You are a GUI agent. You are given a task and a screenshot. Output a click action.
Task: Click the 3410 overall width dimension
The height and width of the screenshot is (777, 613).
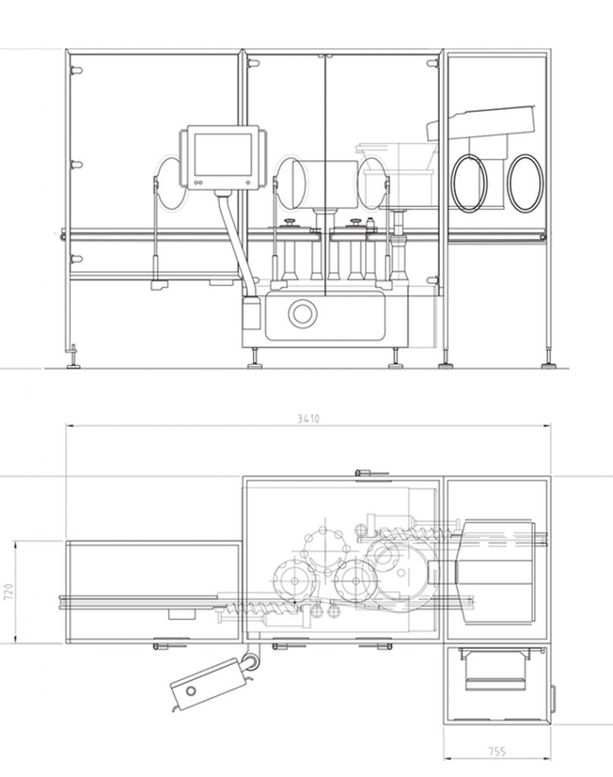click(307, 418)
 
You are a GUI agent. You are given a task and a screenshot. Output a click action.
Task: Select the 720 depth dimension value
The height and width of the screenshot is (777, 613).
click(8, 592)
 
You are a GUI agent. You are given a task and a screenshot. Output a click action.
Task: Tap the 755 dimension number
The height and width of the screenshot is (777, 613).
click(497, 752)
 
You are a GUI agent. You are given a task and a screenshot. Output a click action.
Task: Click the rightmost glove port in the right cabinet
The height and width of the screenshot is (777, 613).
click(524, 183)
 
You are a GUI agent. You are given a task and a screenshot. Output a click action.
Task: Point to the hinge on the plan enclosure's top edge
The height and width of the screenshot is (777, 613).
click(363, 473)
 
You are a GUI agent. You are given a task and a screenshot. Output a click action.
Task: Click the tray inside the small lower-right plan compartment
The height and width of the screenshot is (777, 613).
click(497, 672)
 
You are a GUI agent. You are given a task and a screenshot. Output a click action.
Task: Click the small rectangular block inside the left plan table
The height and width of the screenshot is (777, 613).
click(181, 612)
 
